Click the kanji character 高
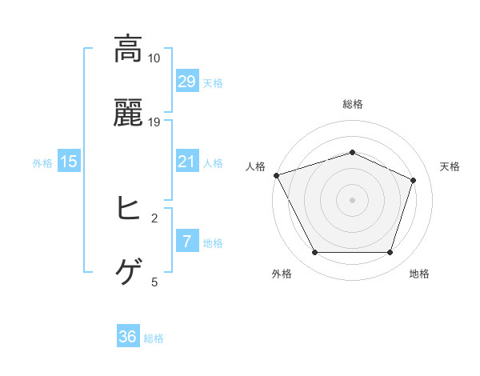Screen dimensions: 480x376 tap(128, 50)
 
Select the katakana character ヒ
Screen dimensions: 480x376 tap(128, 210)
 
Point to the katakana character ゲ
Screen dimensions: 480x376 tap(128, 273)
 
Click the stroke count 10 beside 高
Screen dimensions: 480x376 tap(154, 58)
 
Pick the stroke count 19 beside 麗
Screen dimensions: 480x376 tap(154, 122)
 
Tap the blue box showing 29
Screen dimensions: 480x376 tap(187, 81)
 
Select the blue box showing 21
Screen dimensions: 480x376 tap(187, 162)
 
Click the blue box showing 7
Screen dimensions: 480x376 tap(187, 242)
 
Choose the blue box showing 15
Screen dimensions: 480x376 tap(69, 162)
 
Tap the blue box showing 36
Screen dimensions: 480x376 tap(128, 337)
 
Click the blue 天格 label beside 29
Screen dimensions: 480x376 tap(213, 82)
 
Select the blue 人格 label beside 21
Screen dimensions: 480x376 tap(213, 162)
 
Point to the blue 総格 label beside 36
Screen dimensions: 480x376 tap(154, 338)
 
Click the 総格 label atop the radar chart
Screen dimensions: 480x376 tap(352, 104)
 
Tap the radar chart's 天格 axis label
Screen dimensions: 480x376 tap(450, 166)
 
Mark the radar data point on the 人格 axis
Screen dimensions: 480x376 tap(276, 175)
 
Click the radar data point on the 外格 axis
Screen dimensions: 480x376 tap(314, 253)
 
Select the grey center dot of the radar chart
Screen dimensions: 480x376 tap(352, 199)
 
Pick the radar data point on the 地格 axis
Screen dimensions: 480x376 tap(390, 253)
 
